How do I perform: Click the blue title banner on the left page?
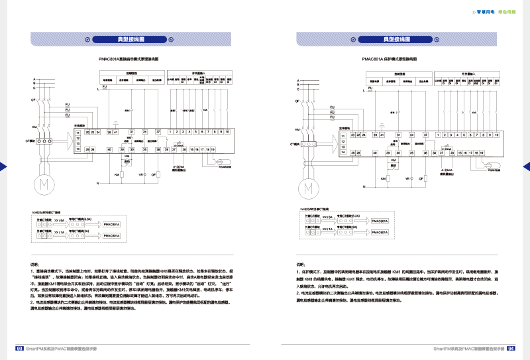click(x=131, y=39)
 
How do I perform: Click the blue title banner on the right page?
click(x=396, y=39)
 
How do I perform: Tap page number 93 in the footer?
click(x=19, y=347)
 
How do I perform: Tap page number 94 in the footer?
click(x=511, y=347)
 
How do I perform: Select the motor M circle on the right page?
click(x=308, y=189)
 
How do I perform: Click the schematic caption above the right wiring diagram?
click(x=390, y=59)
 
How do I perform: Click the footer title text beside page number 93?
click(x=62, y=347)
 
